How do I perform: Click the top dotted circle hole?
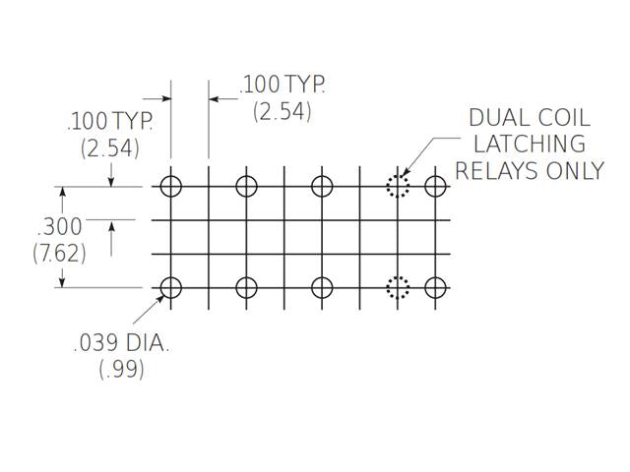[x=398, y=186]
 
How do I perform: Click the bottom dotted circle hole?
[x=398, y=287]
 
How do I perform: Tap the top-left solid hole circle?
[x=171, y=186]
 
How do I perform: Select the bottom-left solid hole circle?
[x=171, y=287]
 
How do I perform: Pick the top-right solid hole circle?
[x=435, y=186]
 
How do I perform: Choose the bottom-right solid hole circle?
[x=435, y=287]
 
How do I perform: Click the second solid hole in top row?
[x=246, y=186]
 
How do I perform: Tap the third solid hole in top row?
[x=322, y=186]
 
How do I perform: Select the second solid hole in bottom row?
[x=246, y=287]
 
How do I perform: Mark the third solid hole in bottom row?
[x=322, y=287]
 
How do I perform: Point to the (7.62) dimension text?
[x=59, y=253]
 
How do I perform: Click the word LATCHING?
[x=537, y=144]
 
